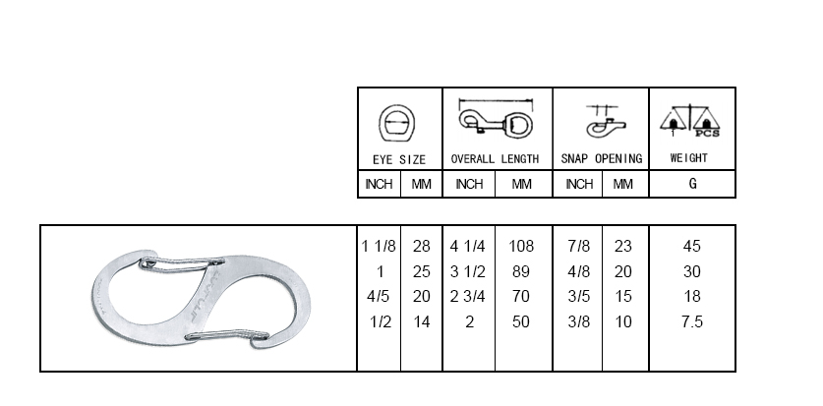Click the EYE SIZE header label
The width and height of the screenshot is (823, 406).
(399, 159)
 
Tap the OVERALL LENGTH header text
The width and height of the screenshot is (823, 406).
(495, 159)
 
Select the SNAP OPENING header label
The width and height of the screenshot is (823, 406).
(602, 159)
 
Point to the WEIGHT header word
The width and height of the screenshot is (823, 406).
(689, 158)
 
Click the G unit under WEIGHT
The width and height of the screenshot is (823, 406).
(693, 184)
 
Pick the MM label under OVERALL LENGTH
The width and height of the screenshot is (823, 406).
(521, 184)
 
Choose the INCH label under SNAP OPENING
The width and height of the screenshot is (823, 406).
(579, 184)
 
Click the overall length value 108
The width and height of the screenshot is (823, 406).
(521, 246)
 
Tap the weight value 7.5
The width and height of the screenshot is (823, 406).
(692, 321)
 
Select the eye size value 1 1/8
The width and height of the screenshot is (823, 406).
(379, 246)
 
